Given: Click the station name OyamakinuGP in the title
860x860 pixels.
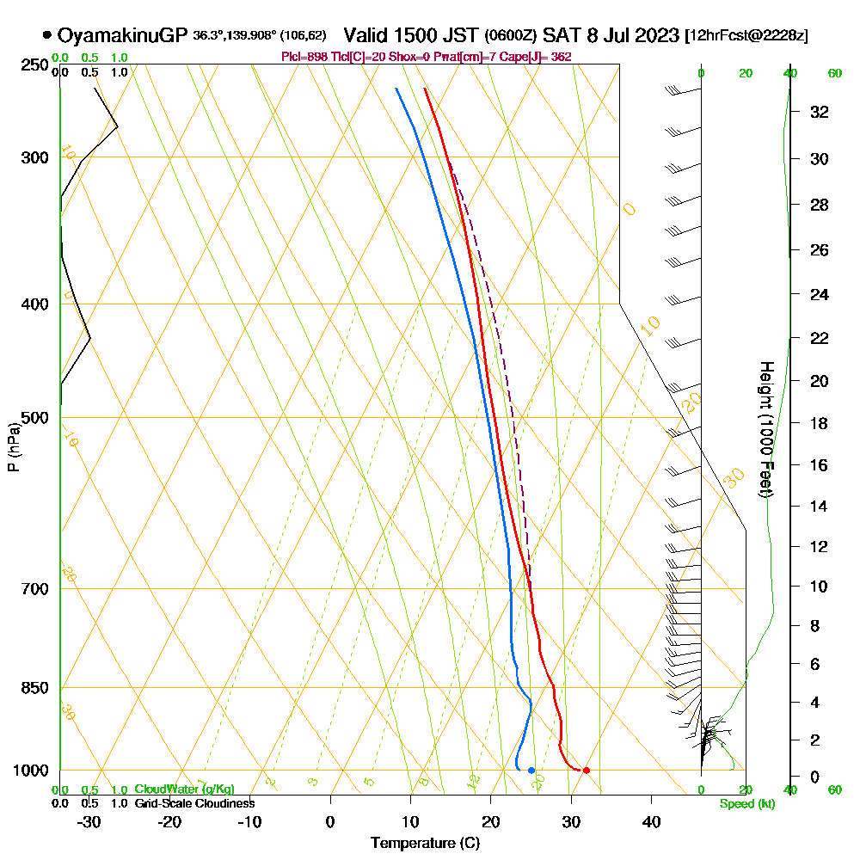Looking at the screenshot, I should [122, 35].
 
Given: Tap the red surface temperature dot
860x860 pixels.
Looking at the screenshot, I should [586, 770].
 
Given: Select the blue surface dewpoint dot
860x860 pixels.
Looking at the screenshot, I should [531, 770].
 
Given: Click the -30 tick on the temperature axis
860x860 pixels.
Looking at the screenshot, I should [89, 821].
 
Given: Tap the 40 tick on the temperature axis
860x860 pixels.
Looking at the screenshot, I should [651, 821].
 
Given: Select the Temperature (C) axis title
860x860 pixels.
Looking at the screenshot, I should [425, 843].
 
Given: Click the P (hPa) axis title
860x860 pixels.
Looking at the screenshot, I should [13, 447].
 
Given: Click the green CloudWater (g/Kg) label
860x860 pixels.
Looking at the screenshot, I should [184, 789].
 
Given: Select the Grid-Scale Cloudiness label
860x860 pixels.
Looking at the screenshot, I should [193, 803].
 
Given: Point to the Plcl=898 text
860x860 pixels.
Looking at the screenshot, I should [301, 57].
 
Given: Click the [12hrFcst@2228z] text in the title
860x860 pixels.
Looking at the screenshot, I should [746, 36].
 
